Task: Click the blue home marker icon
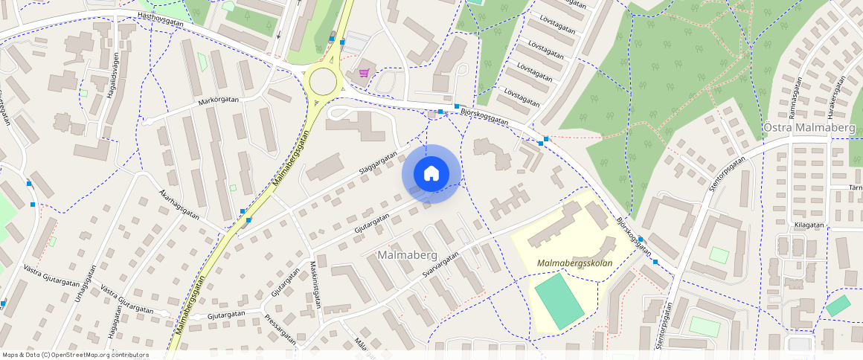click(431, 173)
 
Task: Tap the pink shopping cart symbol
click(364, 73)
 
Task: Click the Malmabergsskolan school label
click(574, 263)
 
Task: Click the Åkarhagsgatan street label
click(179, 202)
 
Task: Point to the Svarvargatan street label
click(440, 266)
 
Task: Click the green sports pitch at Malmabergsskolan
click(559, 301)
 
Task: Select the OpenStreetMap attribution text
click(75, 355)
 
